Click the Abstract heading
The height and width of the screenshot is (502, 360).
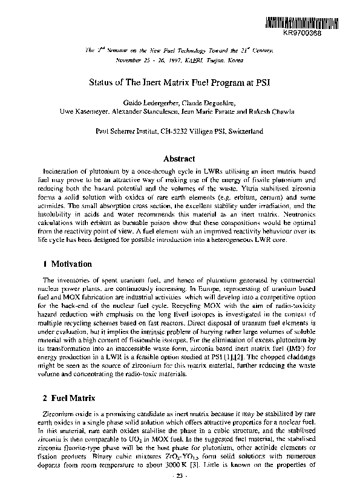point(179,158)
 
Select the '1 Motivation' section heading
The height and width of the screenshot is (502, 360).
point(68,264)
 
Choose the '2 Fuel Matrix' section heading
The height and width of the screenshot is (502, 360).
point(68,400)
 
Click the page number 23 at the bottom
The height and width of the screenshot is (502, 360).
point(179,477)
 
